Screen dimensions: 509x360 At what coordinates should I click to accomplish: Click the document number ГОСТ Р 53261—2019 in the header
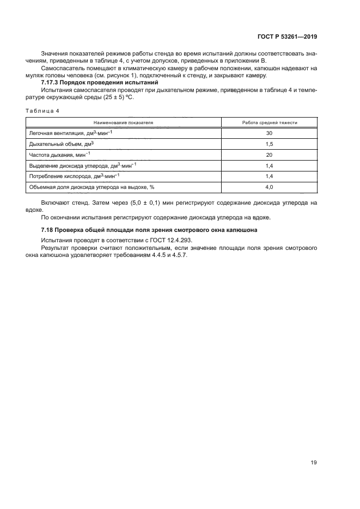(x=286, y=37)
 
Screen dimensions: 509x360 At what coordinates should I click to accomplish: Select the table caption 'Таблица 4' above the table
(x=42, y=111)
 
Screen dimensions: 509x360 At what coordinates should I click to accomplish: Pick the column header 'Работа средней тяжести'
(x=269, y=122)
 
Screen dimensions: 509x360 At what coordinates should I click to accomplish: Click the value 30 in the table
(x=269, y=133)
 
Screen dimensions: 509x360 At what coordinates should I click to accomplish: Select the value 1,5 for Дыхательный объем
(x=269, y=144)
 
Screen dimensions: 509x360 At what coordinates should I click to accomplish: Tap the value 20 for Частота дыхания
(x=269, y=155)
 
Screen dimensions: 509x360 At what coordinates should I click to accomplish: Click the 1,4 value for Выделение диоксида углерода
(x=269, y=165)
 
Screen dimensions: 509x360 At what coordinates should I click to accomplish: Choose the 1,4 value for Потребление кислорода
(x=269, y=176)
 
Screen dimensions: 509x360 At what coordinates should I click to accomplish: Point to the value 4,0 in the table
(x=269, y=187)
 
